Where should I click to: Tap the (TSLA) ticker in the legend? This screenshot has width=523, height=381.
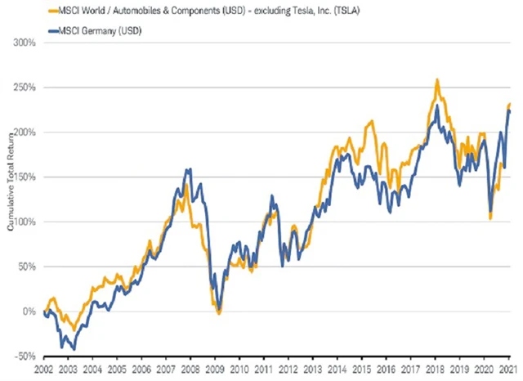click(323, 11)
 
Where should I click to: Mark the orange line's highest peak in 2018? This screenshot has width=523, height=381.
click(438, 80)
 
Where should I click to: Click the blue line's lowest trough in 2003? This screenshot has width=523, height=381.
click(74, 349)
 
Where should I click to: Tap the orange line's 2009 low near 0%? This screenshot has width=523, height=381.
click(218, 312)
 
